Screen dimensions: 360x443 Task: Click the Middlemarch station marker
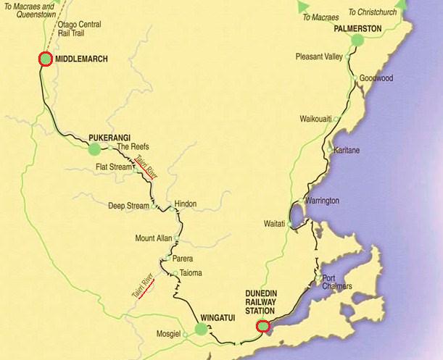click(x=45, y=59)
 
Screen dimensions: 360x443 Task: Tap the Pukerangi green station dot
click(x=94, y=148)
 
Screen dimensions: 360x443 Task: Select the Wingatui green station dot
click(x=201, y=330)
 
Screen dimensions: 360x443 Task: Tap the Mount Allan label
click(x=153, y=238)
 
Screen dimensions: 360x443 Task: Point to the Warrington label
click(x=323, y=200)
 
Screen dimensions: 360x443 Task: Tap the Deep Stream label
click(x=128, y=205)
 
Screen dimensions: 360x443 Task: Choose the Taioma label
click(x=191, y=273)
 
